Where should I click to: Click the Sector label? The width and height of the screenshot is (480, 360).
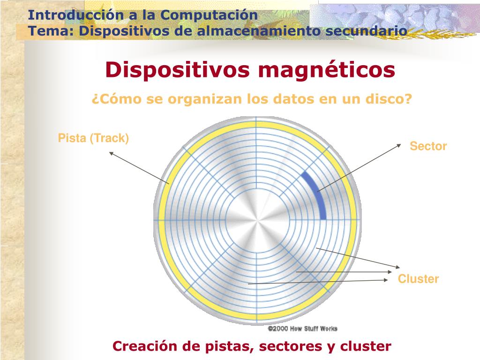point(428,146)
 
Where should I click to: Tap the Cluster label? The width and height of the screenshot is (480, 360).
point(418,279)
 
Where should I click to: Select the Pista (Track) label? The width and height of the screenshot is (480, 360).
point(93,138)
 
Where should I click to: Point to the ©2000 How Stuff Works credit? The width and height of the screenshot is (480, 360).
point(302,329)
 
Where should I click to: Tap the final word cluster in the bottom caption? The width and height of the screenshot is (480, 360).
point(366,346)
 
